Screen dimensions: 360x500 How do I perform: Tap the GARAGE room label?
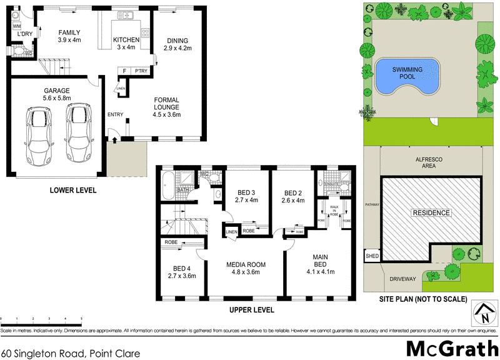[x=56, y=94]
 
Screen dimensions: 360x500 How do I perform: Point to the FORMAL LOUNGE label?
[x=166, y=110]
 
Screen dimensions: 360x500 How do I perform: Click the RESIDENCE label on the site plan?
[x=431, y=213]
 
